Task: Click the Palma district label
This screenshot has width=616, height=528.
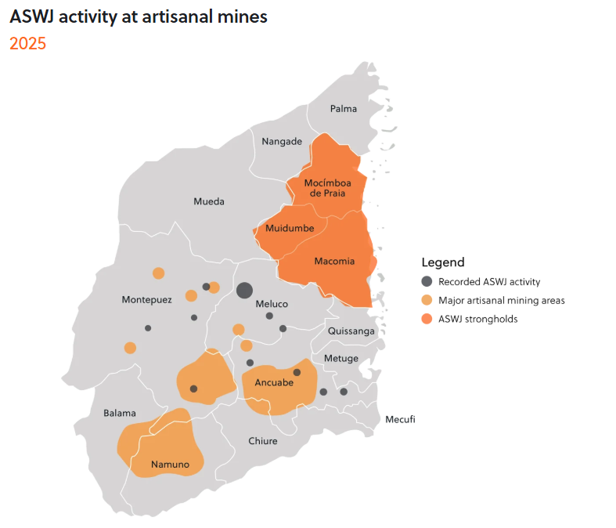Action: point(344,108)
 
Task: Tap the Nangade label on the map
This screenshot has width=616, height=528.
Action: point(282,141)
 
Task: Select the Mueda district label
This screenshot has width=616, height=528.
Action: point(209,201)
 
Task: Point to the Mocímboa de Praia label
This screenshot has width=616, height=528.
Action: point(327,188)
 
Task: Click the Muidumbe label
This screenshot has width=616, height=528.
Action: point(290,228)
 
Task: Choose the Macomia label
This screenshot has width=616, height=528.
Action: point(334,261)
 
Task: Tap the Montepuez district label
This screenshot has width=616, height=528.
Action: point(146,300)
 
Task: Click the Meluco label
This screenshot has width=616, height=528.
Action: point(272,304)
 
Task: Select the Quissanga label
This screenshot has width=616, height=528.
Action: point(351,331)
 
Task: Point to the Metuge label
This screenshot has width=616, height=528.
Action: point(341,358)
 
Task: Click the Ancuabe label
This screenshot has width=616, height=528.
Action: point(274,383)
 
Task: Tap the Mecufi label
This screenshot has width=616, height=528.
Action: point(400,419)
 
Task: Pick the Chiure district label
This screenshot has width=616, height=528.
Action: point(263,441)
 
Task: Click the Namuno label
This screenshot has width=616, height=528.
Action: point(171,465)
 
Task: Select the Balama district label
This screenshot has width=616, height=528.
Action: point(120,413)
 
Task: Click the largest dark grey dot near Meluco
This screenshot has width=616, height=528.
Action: point(244,290)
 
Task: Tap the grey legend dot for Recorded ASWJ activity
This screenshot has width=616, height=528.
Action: point(427,281)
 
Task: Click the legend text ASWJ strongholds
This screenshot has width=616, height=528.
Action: point(477,319)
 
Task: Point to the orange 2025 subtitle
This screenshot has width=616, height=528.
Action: point(27,44)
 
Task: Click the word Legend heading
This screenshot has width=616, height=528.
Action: point(443,262)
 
